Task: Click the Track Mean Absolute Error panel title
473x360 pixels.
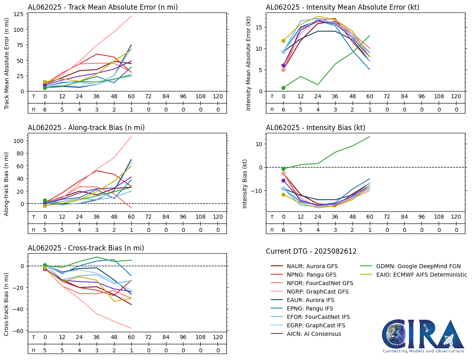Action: pos(102,7)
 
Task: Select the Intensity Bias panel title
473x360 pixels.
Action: pos(315,128)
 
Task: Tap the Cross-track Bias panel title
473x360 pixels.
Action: pos(86,248)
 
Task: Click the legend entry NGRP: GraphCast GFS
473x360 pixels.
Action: pos(317,292)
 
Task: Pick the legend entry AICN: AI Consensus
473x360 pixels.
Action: pos(314,334)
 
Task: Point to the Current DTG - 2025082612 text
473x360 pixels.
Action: pos(311,252)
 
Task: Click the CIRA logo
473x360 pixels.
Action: pos(423,336)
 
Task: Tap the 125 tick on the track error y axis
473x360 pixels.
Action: pos(19,14)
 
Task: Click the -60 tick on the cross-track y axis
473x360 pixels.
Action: pos(19,331)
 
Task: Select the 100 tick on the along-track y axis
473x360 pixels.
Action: pos(19,141)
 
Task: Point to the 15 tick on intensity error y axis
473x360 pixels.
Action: pos(259,27)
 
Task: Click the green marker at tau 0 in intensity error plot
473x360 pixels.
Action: pos(283,88)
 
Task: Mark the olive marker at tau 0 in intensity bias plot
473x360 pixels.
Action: pos(283,194)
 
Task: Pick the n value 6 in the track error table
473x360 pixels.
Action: pos(45,110)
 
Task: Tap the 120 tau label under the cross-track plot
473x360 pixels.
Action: pos(218,337)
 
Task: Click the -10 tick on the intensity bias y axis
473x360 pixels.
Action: pos(256,190)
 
